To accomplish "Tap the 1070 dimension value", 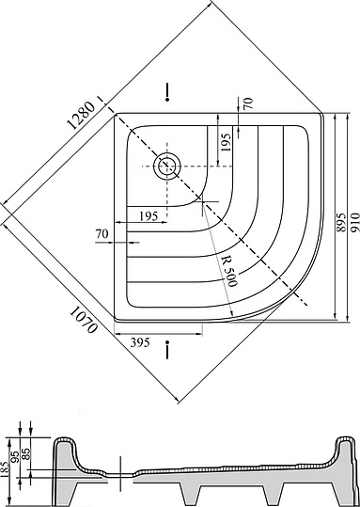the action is coord(84,320).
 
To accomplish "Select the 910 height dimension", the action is coord(354,222).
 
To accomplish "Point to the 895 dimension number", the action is coord(341,222).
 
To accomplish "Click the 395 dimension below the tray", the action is coord(140,342).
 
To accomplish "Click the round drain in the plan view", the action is coord(167,166).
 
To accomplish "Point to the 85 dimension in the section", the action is coord(26,453).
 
